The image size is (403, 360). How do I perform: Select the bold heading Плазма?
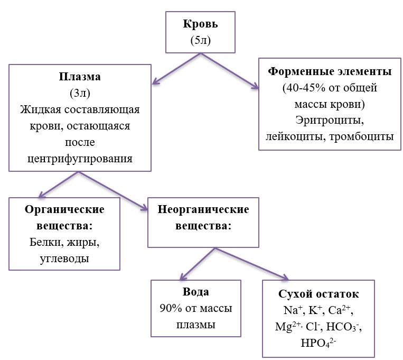pos(80,77)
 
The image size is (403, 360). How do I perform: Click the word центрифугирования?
pos(80,159)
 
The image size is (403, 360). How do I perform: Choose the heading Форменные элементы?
pos(330,71)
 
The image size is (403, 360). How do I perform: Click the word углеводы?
pos(64,259)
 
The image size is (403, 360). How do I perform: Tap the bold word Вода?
pos(196,292)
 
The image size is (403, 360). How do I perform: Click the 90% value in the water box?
pos(170,308)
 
